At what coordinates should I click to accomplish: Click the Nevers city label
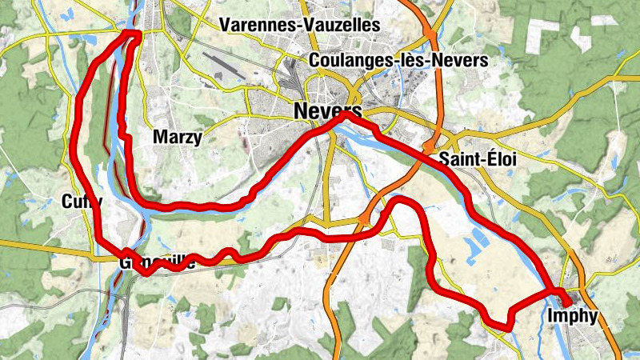[328, 110]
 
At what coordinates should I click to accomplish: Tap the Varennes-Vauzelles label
[300, 25]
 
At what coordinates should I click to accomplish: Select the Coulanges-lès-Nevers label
[398, 61]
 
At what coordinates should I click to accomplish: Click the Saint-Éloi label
[478, 159]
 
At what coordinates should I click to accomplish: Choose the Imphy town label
[574, 316]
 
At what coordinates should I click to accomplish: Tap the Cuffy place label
[81, 202]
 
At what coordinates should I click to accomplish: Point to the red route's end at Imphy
[567, 302]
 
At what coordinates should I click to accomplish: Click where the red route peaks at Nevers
[346, 115]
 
